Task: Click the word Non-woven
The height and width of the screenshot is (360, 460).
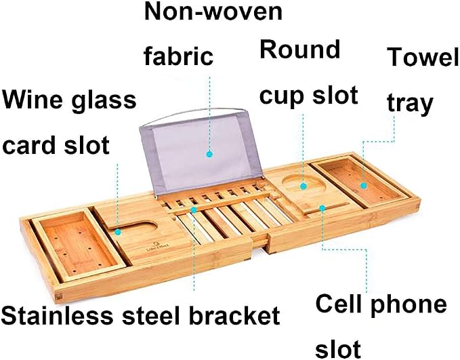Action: click(213, 12)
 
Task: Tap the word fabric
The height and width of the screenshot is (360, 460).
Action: click(178, 56)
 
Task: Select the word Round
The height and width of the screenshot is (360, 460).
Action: click(300, 49)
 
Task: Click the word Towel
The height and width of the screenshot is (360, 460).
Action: click(423, 57)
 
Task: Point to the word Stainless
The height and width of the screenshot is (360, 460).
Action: click(57, 315)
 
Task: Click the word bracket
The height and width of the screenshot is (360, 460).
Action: click(234, 315)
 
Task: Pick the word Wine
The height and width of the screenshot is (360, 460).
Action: click(33, 100)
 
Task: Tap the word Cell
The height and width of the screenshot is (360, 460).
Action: click(337, 304)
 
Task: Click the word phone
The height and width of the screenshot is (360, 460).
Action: click(409, 305)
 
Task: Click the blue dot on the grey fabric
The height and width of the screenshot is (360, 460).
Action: click(209, 154)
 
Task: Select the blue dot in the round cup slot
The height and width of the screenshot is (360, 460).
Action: click(304, 186)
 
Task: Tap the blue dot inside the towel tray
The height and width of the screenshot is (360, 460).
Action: click(364, 186)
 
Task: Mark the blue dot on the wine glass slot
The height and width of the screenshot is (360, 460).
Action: click(118, 232)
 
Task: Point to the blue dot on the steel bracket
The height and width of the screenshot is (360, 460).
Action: click(194, 210)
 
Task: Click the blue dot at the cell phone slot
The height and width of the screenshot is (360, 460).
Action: click(322, 208)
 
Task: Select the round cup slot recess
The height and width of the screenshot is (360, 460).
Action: click(304, 185)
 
